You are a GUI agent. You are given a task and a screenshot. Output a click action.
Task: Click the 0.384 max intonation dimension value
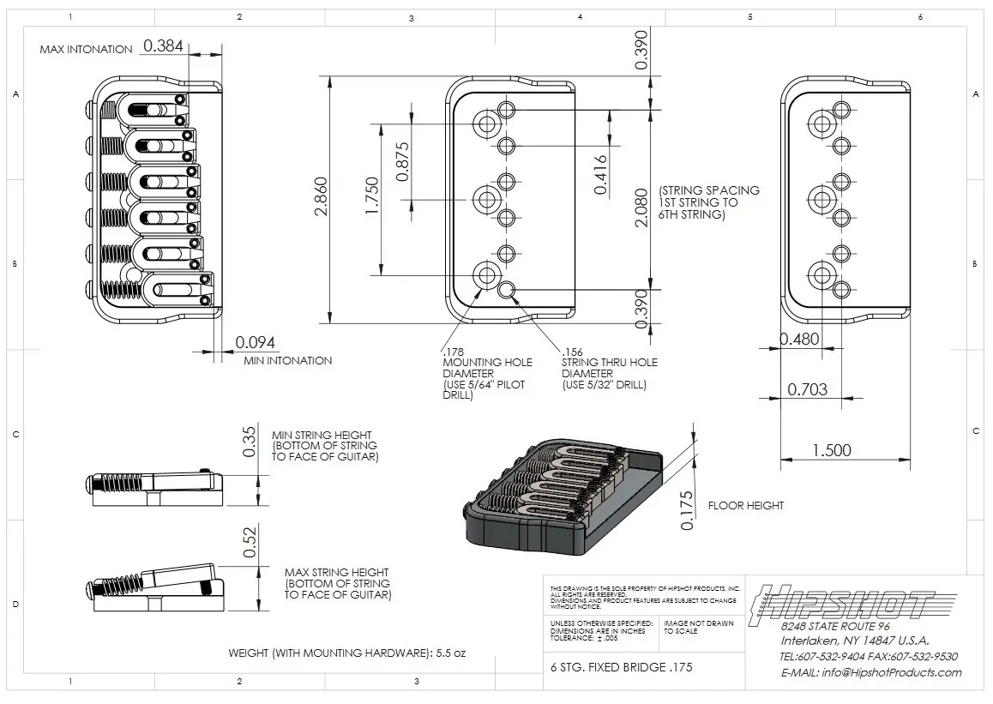tap(163, 45)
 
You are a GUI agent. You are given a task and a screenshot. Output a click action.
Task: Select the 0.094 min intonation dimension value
tap(256, 342)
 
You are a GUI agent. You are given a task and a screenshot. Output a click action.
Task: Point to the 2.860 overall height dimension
tap(321, 196)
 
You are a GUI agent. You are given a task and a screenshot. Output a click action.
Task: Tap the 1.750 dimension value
tap(372, 196)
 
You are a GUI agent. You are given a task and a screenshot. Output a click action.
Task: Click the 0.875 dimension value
tap(402, 161)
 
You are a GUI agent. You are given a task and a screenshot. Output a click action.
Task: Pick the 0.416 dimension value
tap(599, 175)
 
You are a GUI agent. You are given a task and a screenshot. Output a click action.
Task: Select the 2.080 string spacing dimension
tap(641, 207)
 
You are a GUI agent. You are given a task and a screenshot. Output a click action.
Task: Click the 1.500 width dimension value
tap(832, 450)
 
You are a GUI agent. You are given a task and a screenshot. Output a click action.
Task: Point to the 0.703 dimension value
tap(808, 389)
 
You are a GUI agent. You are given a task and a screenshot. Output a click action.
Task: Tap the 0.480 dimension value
tap(799, 340)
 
